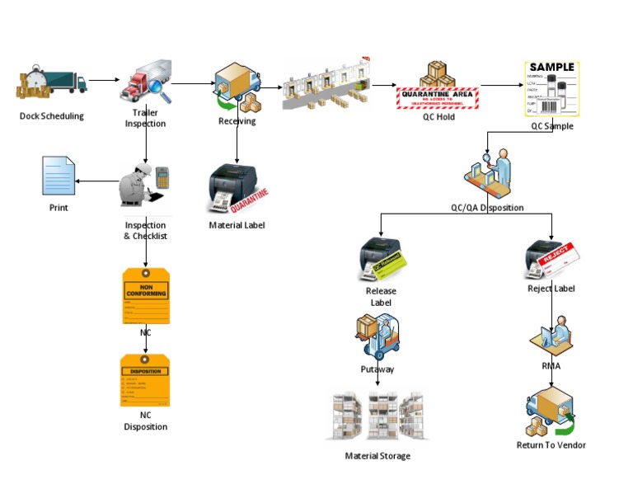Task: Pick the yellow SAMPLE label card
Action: [552, 89]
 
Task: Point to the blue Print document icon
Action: [59, 176]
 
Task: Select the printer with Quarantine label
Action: [236, 188]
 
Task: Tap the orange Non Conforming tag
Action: [145, 295]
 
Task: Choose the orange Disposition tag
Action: [145, 381]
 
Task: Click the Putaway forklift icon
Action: [377, 337]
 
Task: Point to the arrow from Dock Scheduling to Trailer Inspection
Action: [103, 81]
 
